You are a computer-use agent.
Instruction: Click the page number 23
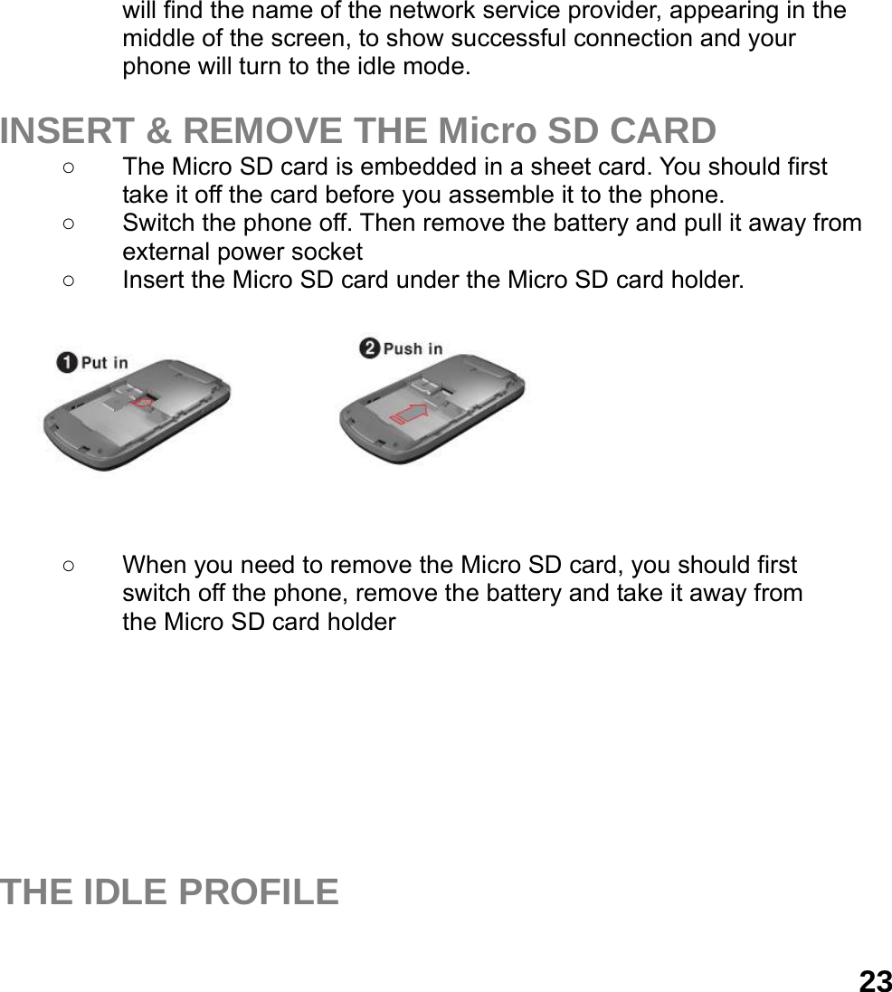click(875, 981)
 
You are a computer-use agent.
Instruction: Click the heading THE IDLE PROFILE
click(169, 892)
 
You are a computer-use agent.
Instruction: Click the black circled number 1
click(66, 363)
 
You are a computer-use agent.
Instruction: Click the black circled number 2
click(369, 348)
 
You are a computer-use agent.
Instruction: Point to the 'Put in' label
click(105, 363)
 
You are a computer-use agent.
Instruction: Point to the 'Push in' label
click(413, 348)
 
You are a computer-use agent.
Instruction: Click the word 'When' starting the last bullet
click(150, 567)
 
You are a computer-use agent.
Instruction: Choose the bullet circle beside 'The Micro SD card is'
click(68, 167)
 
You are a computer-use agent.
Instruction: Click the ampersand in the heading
click(159, 131)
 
